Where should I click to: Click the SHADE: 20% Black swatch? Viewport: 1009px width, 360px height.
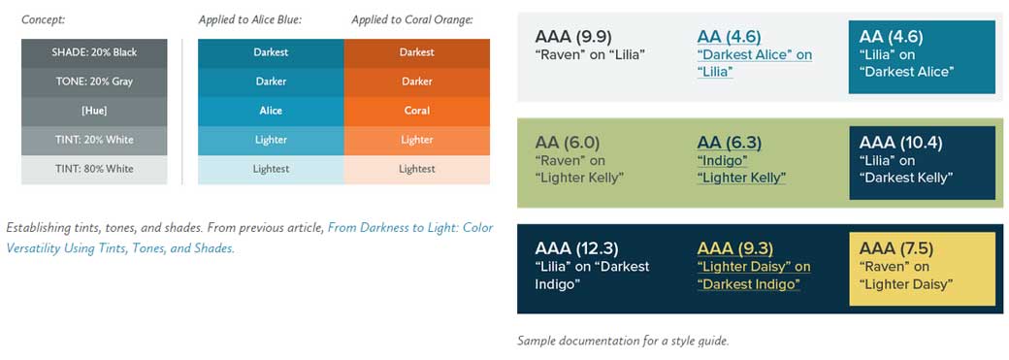tap(94, 52)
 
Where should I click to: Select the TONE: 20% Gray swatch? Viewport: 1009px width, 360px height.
tap(94, 82)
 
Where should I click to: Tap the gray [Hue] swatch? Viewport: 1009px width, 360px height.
tap(94, 111)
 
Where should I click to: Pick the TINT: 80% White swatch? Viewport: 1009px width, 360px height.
tap(94, 169)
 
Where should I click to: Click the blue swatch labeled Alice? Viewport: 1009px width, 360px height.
tap(271, 111)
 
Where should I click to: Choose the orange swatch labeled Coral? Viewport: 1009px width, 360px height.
tap(416, 111)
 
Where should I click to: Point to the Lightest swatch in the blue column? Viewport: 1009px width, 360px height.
tap(271, 169)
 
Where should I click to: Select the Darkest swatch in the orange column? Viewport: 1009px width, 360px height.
tap(416, 52)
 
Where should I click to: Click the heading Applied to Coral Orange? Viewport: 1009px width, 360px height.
tap(411, 19)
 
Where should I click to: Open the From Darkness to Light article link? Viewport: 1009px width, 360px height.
tap(410, 228)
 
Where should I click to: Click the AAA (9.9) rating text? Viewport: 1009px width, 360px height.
tap(573, 37)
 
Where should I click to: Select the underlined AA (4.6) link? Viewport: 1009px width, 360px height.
tap(728, 37)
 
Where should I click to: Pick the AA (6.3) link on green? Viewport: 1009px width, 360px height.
tap(729, 143)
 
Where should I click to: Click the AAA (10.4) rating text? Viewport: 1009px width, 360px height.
tap(900, 143)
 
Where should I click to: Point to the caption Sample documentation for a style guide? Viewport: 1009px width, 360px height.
tap(622, 341)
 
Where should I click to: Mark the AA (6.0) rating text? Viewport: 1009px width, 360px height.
tap(567, 143)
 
